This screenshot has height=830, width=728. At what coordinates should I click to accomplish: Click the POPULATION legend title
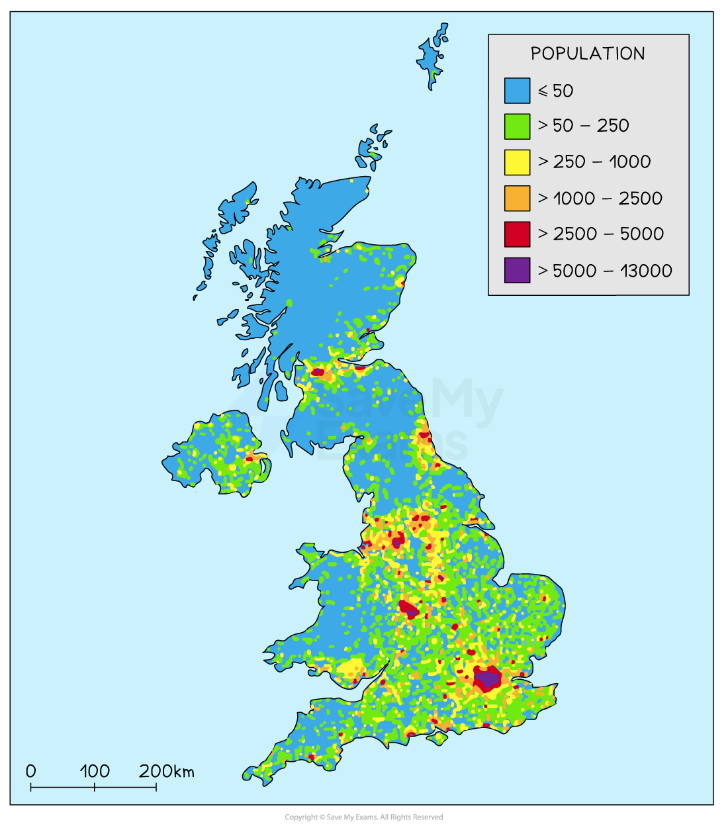tap(588, 54)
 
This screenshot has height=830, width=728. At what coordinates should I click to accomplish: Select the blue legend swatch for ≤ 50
tap(517, 91)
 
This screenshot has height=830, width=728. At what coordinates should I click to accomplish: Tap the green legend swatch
tap(517, 126)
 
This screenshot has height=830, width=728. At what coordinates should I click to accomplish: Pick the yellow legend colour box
tap(517, 161)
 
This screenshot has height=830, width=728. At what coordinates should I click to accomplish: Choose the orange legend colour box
tap(517, 198)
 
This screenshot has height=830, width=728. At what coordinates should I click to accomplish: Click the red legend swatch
tap(517, 234)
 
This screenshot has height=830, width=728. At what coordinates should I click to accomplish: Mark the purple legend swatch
tap(517, 270)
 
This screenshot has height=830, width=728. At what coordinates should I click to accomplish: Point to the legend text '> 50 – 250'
tap(583, 126)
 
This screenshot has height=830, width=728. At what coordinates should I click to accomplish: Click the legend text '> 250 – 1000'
tap(594, 161)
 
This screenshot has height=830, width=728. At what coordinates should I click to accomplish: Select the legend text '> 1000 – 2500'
tap(600, 198)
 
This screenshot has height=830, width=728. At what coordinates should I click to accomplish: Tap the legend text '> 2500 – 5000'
tap(600, 234)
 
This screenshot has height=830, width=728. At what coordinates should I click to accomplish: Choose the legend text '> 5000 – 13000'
tap(605, 270)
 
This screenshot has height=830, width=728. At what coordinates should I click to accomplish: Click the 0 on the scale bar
tap(31, 771)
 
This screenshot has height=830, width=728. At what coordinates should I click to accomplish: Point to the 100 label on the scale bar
tap(95, 771)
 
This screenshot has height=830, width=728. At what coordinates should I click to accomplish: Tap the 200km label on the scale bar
tap(167, 771)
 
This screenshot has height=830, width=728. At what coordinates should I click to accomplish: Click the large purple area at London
tap(489, 677)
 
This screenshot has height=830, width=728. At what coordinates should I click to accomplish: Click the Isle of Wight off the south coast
tap(437, 737)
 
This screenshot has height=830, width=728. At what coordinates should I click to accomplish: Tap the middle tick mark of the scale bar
tap(95, 787)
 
